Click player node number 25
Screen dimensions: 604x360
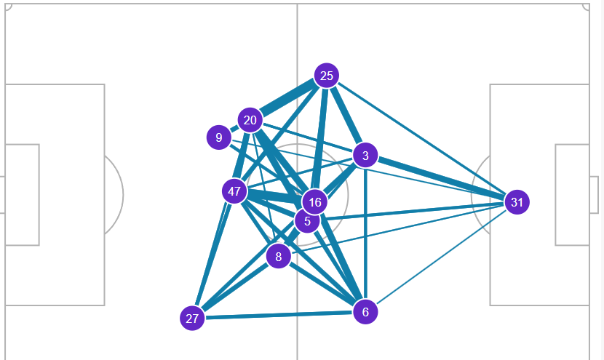[327, 76]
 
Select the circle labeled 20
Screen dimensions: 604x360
[250, 120]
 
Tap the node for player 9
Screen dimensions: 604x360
[218, 137]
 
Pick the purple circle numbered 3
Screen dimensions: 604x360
[365, 155]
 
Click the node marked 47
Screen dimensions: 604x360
[234, 192]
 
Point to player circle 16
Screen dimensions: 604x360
[314, 202]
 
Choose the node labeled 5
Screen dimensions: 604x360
[307, 220]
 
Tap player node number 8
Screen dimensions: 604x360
[278, 256]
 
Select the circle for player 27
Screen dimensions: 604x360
[192, 319]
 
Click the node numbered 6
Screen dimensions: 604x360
[365, 312]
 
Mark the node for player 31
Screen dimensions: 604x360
[517, 202]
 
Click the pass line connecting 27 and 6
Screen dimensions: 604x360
[279, 316]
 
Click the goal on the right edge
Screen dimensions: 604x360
[594, 194]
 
